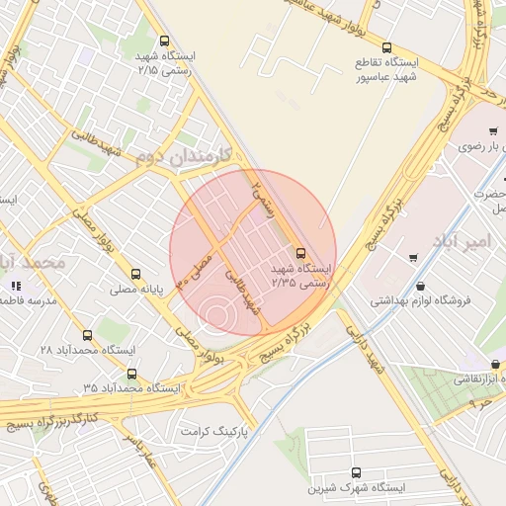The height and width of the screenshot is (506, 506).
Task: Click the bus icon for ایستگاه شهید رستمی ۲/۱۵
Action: coord(164,42)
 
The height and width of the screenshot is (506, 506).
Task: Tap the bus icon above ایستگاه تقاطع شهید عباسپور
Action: coord(386,47)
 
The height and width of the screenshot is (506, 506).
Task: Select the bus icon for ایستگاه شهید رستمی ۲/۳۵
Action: coord(301,255)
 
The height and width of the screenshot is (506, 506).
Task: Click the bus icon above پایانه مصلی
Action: coord(135,275)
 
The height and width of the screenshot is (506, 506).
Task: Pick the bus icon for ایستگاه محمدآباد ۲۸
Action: coord(87,336)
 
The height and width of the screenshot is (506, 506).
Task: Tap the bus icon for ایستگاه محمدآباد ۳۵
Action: coord(132,374)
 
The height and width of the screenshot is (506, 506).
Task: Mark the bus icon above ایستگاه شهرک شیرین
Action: coord(356,472)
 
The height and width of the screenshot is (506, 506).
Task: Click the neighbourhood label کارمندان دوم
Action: coord(184,156)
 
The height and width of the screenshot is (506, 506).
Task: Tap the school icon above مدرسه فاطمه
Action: coord(15,286)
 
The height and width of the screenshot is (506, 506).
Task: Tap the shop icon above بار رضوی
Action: coord(493,130)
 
